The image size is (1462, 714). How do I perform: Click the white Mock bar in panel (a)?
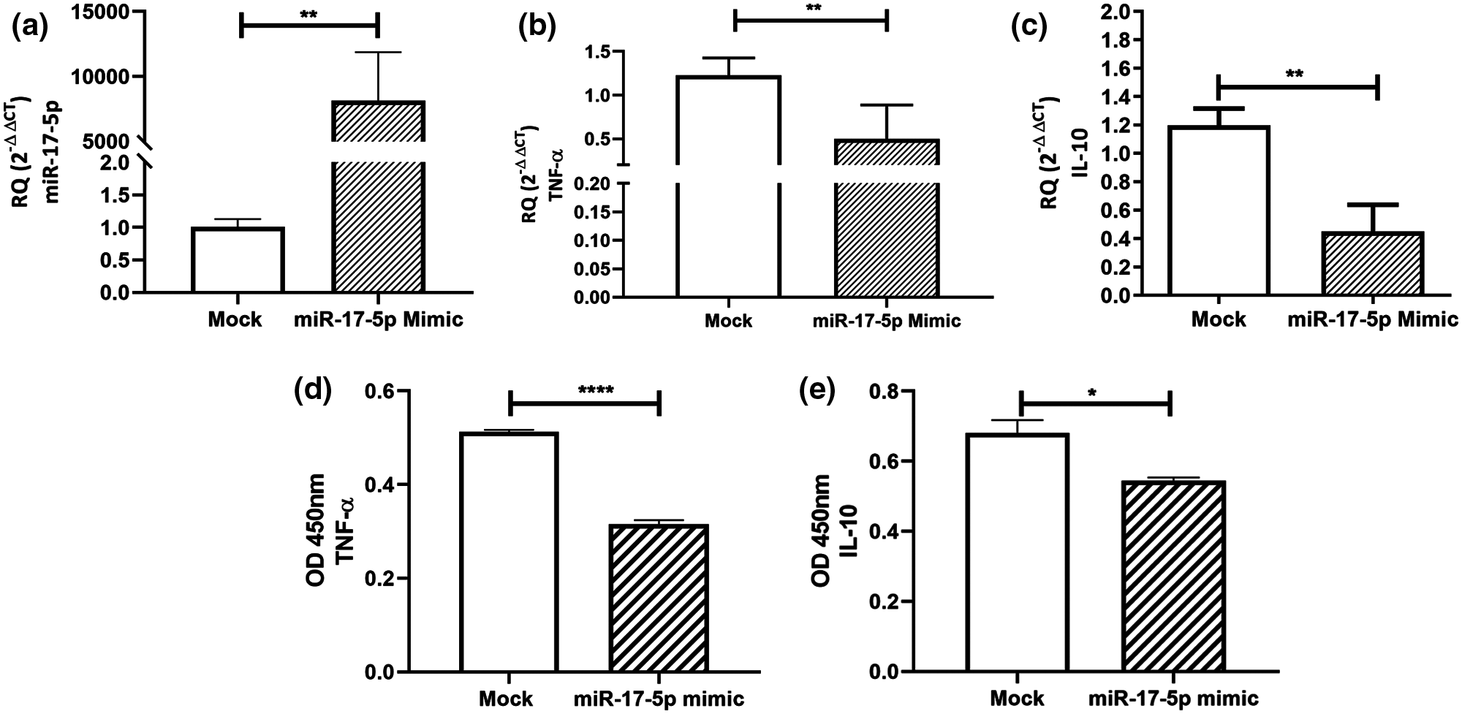click(238, 260)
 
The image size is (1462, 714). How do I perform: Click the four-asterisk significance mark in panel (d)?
click(595, 390)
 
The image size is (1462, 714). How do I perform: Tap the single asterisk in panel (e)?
click(1091, 392)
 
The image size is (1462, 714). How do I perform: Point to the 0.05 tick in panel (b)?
click(592, 269)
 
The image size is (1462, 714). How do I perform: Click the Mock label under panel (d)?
click(507, 699)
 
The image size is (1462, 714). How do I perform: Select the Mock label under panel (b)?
click(729, 321)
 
